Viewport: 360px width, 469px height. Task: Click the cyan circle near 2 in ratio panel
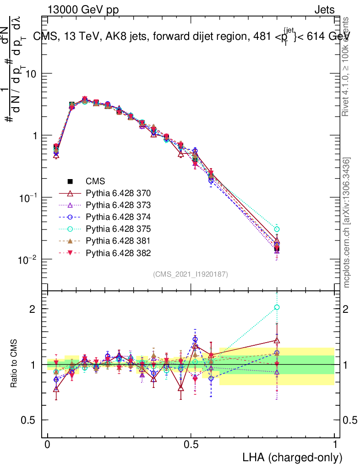point(277,307)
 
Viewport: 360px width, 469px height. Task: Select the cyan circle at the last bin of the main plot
point(277,229)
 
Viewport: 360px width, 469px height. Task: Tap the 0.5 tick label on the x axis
point(191,445)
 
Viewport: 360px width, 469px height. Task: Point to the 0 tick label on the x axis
point(48,445)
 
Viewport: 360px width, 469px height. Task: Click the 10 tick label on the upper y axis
point(31,74)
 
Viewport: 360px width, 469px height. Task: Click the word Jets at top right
point(324,10)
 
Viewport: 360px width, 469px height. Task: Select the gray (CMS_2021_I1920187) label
point(191,274)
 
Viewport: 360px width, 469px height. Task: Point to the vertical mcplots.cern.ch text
point(347,223)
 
